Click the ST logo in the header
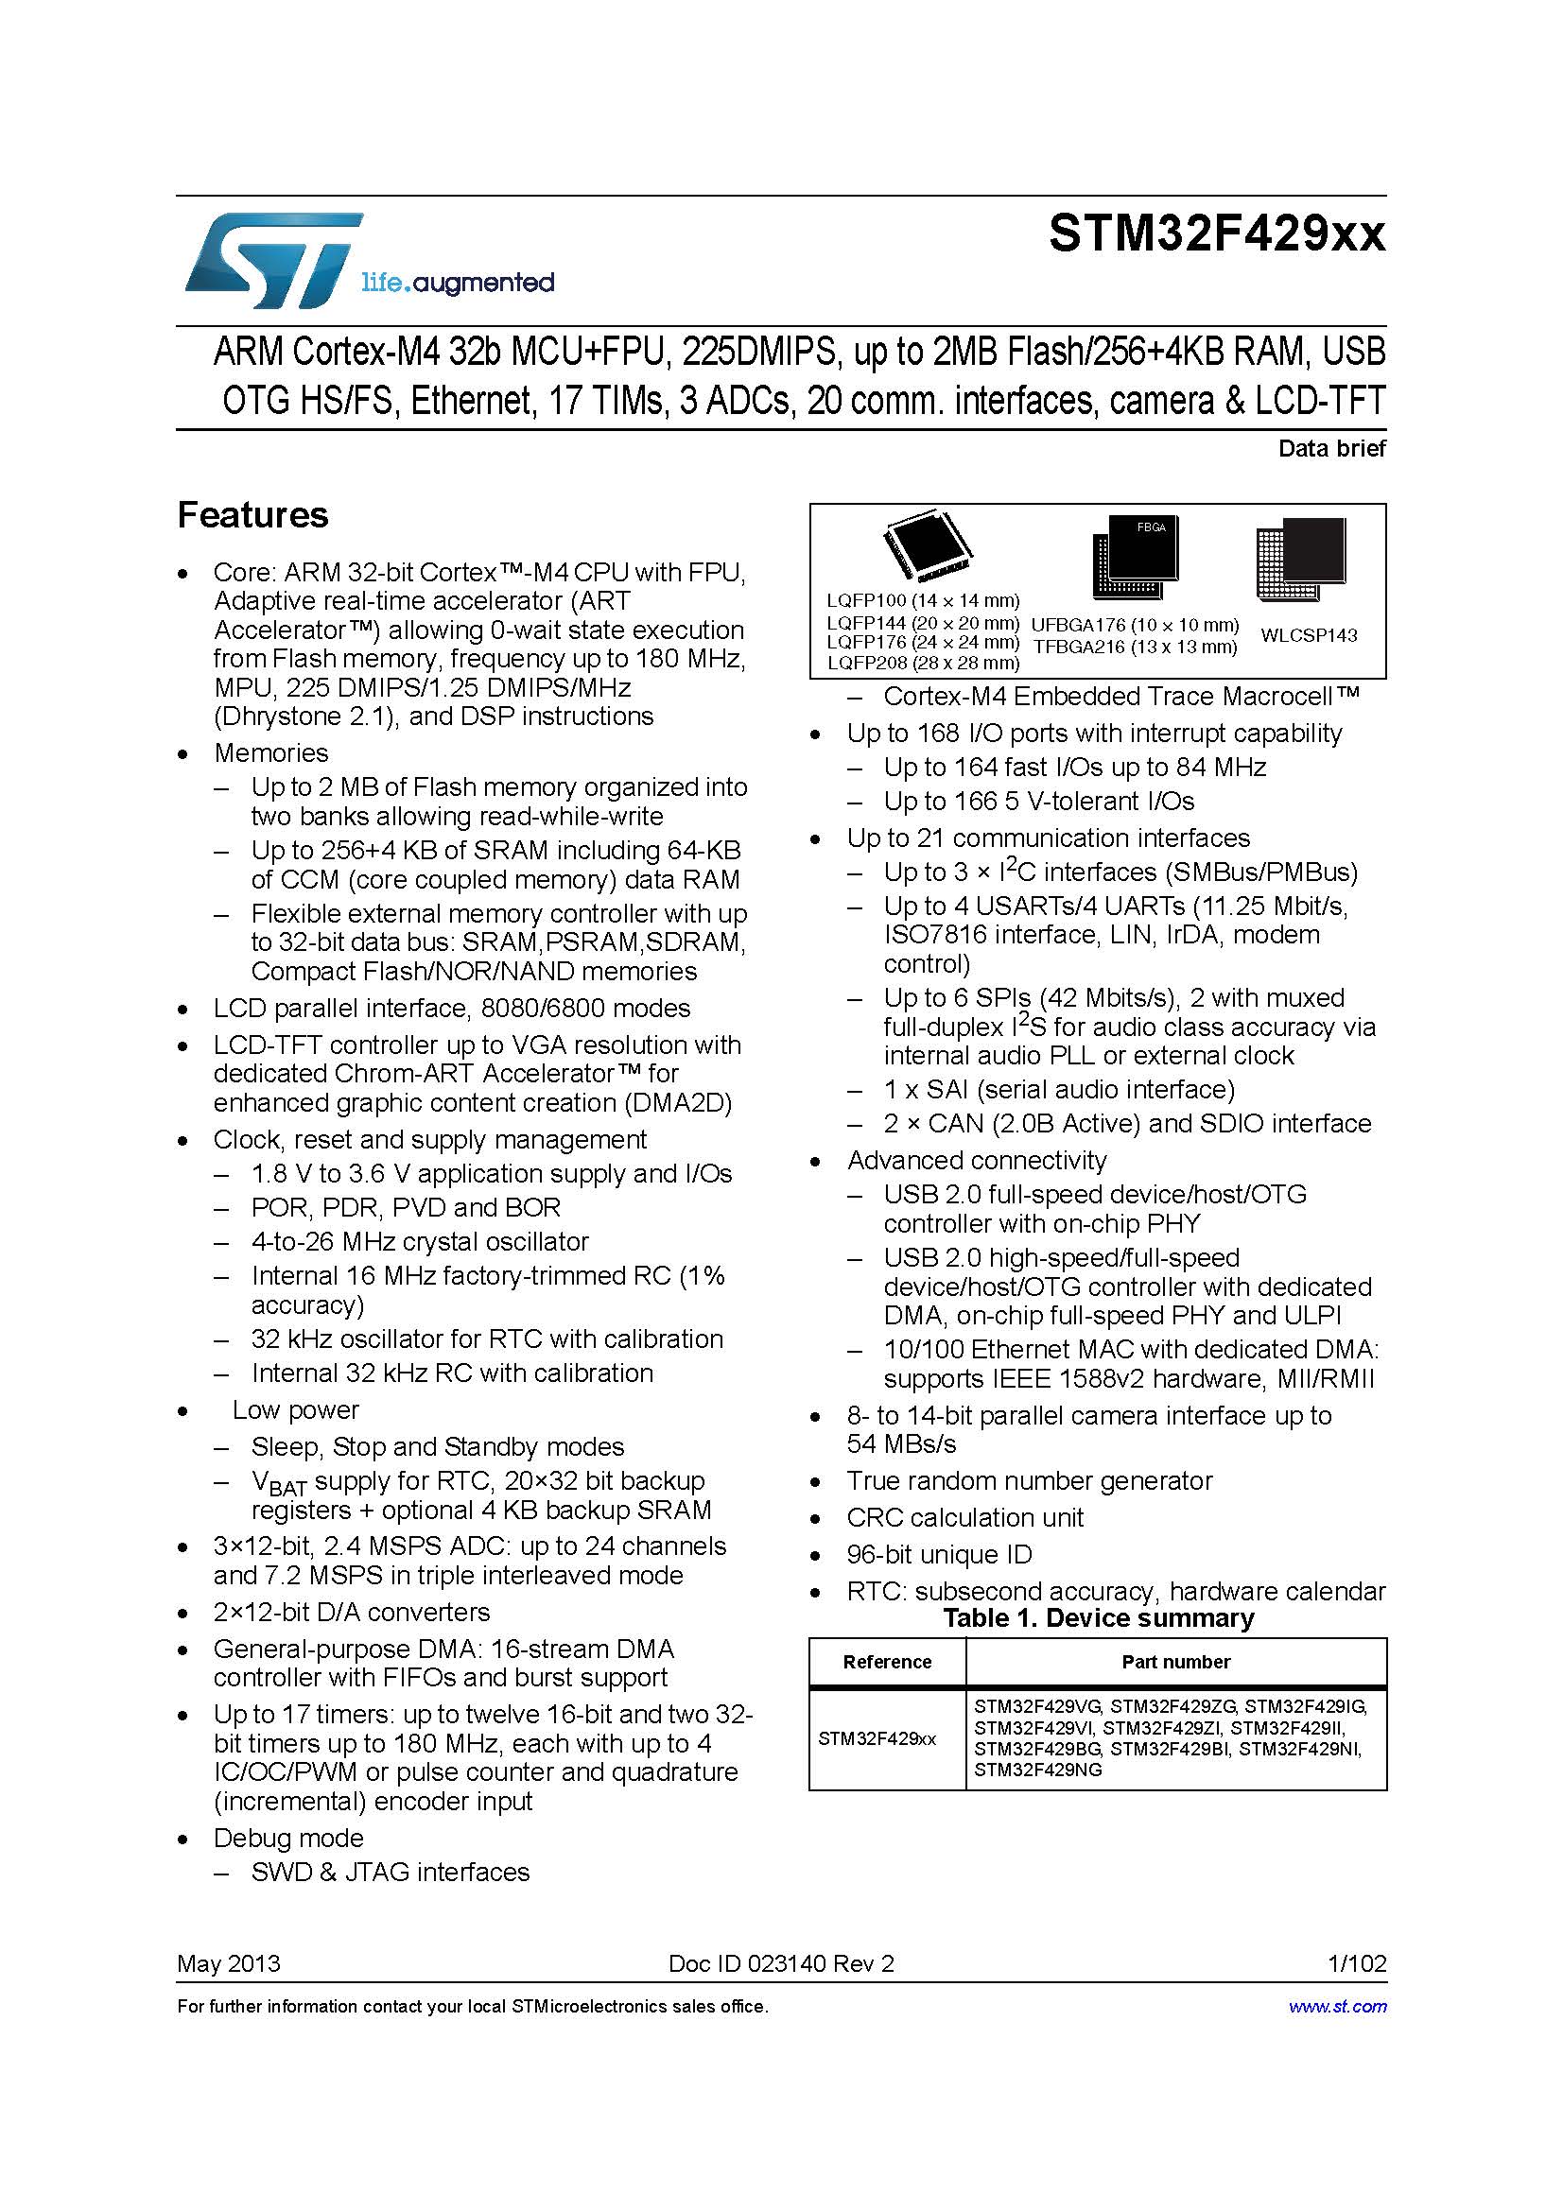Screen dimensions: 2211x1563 (x=272, y=261)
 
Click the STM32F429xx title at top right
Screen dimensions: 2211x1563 (x=1216, y=234)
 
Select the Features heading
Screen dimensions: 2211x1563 (x=252, y=515)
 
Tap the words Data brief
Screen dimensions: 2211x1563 (x=1331, y=448)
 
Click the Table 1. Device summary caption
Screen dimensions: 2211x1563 (x=1098, y=1616)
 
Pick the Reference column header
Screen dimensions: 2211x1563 (x=886, y=1661)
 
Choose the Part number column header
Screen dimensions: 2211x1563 (x=1175, y=1661)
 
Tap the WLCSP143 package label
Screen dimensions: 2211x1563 (x=1308, y=634)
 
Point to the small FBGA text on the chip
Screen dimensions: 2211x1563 (x=1151, y=527)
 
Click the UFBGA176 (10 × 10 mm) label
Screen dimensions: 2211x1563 (x=1135, y=625)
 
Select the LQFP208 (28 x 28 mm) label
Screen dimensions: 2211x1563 (x=923, y=663)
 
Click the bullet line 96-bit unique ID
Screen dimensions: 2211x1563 (x=938, y=1554)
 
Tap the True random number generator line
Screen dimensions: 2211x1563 (x=1029, y=1480)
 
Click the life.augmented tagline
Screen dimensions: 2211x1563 (x=458, y=284)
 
